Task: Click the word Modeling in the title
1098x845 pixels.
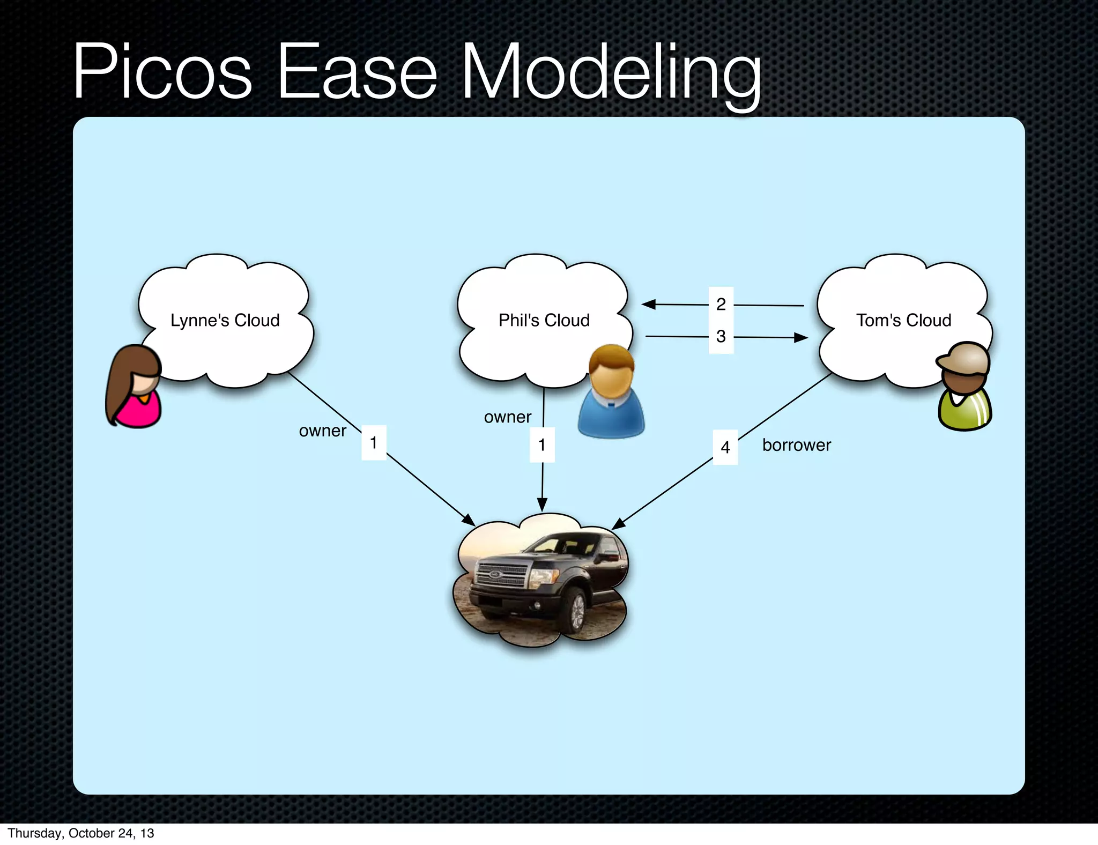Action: click(x=611, y=72)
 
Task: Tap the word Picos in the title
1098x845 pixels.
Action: click(x=162, y=72)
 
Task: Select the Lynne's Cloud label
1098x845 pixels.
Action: click(x=225, y=320)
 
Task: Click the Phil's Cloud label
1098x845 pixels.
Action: click(x=544, y=320)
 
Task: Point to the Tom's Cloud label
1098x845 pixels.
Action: click(x=903, y=320)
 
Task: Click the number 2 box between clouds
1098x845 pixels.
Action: click(x=721, y=304)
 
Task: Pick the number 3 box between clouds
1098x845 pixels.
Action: click(x=721, y=337)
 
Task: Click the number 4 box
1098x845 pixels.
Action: click(x=725, y=447)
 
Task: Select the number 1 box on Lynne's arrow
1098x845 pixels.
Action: click(x=374, y=443)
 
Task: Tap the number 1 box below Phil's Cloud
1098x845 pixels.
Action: click(x=542, y=445)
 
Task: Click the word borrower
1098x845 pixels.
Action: click(x=796, y=445)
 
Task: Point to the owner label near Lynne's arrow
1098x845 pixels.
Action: click(x=323, y=431)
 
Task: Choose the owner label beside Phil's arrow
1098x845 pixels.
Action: click(x=507, y=417)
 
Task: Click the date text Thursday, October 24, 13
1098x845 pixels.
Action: click(x=81, y=833)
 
